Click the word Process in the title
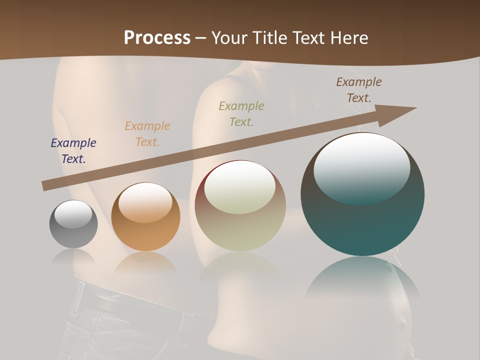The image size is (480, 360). pyautogui.click(x=157, y=38)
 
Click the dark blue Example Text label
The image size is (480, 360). pyautogui.click(x=73, y=151)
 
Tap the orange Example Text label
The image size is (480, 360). pyautogui.click(x=147, y=134)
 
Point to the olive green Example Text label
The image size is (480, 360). pyautogui.click(x=241, y=114)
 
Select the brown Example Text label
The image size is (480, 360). pyautogui.click(x=359, y=90)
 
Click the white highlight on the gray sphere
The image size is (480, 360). pyautogui.click(x=73, y=214)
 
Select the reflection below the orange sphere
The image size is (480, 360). pyautogui.click(x=145, y=262)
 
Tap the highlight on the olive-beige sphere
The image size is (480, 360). pyautogui.click(x=239, y=187)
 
